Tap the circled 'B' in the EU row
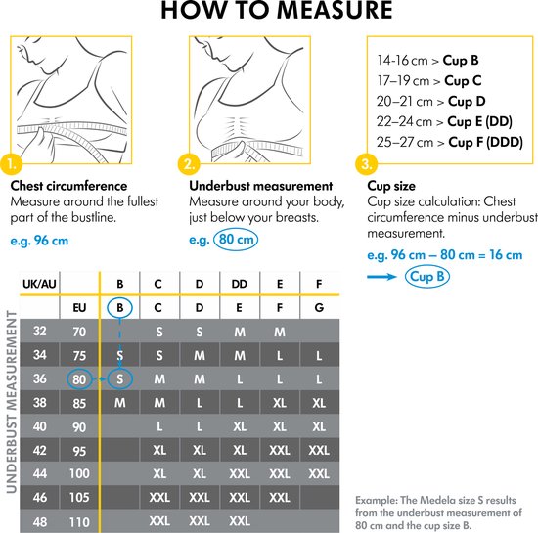(x=119, y=307)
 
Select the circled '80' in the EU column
(x=80, y=378)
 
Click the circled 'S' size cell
(x=119, y=378)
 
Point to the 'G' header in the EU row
(x=319, y=307)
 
